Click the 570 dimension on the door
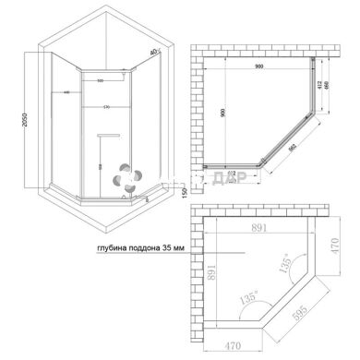(109, 106)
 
